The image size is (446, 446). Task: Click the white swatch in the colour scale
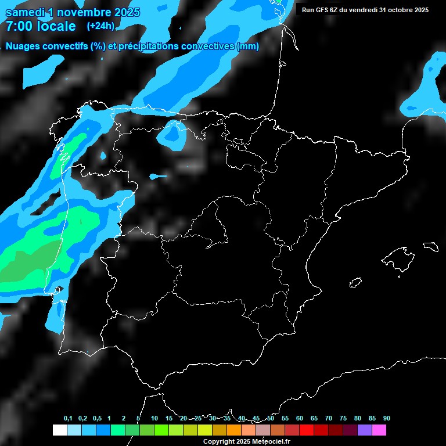[x=59, y=430]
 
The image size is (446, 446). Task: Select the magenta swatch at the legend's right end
[x=379, y=430]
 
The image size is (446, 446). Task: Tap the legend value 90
[x=386, y=418]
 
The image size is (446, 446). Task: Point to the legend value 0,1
[x=68, y=418]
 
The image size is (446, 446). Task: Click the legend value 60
[x=299, y=418]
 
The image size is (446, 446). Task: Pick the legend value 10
[x=154, y=418]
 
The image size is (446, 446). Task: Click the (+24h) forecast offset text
[x=100, y=26]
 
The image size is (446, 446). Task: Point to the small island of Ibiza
[x=356, y=283]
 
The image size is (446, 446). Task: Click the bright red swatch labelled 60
[x=307, y=430]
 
